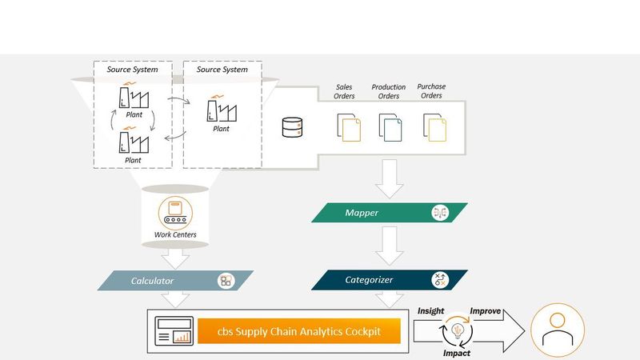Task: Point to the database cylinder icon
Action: [x=292, y=127]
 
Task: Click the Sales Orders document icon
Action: [x=349, y=128]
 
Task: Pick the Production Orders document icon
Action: [x=390, y=128]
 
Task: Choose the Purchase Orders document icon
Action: [x=434, y=128]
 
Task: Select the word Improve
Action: [x=486, y=310]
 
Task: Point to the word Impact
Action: [x=457, y=353]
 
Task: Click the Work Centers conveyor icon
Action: [x=174, y=212]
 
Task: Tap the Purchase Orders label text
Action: [x=431, y=91]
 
